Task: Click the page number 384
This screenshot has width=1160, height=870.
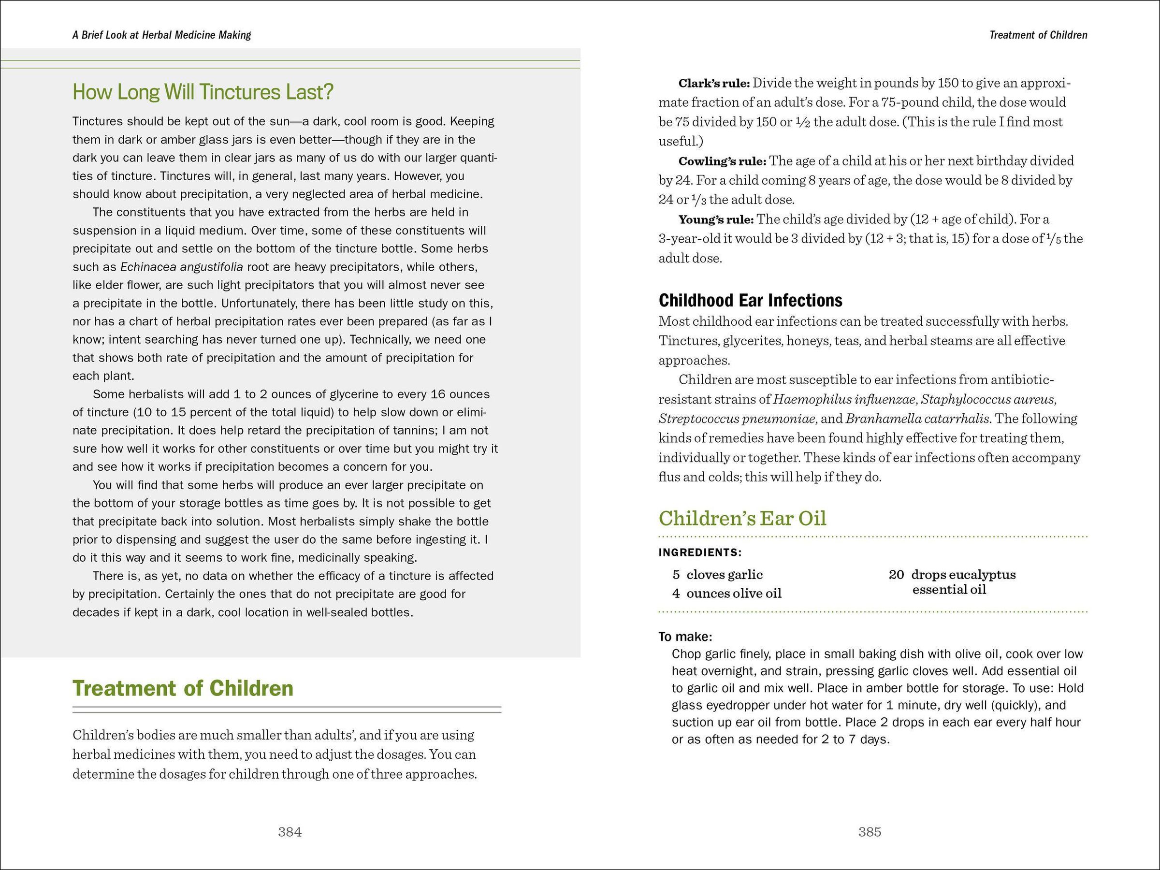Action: tap(290, 832)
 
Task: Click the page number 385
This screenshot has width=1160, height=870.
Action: tap(870, 832)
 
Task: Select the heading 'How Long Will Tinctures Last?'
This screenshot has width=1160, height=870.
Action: tap(203, 92)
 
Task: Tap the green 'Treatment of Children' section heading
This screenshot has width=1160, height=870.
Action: tap(183, 689)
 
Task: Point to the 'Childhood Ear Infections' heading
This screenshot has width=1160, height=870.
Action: tap(751, 301)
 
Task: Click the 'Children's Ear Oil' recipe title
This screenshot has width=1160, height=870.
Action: tap(742, 518)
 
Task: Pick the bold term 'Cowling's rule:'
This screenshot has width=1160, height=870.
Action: tap(722, 161)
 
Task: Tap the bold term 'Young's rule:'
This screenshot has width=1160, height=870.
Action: tap(716, 219)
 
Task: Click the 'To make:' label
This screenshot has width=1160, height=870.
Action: tap(685, 637)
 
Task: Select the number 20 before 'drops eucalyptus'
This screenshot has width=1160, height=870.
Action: tap(896, 575)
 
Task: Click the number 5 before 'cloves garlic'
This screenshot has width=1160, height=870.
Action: tap(677, 575)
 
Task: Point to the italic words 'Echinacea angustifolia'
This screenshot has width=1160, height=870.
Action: tap(181, 267)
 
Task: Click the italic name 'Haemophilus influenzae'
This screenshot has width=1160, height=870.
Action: tap(844, 400)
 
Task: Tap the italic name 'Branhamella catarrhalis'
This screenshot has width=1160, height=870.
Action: tap(917, 419)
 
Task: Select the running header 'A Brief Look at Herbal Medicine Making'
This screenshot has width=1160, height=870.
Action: tap(161, 35)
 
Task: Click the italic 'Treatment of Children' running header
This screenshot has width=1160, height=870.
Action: tap(1038, 35)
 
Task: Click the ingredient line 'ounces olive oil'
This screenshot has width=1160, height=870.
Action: tap(734, 594)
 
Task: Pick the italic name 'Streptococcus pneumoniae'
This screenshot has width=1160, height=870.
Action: tap(737, 419)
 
